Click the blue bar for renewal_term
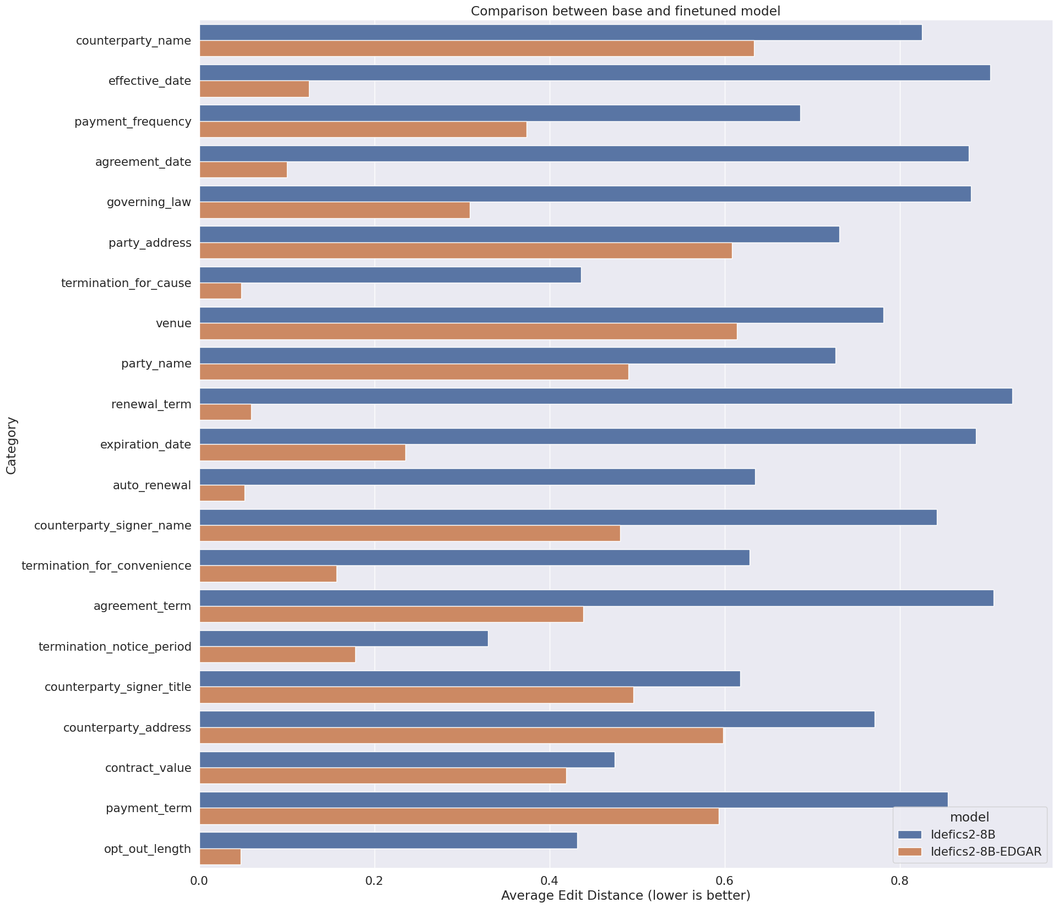tap(605, 396)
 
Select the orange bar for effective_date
tap(254, 89)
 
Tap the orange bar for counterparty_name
tap(476, 48)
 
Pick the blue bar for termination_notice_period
tap(344, 639)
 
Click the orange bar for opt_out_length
tap(220, 857)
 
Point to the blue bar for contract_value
tap(406, 760)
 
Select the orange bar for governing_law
tap(334, 210)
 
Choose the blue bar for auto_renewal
tap(477, 477)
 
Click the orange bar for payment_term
tap(459, 817)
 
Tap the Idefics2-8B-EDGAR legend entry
tap(986, 852)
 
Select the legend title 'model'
tap(969, 817)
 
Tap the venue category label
tap(173, 323)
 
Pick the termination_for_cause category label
tap(126, 283)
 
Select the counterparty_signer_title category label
tap(118, 687)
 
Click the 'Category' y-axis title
tap(11, 446)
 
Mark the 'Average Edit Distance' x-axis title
tap(626, 896)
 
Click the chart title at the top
tap(626, 11)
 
